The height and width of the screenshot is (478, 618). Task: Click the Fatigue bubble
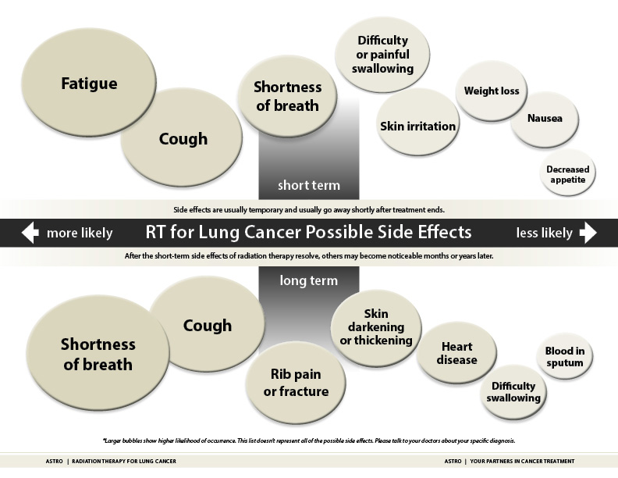pyautogui.click(x=89, y=84)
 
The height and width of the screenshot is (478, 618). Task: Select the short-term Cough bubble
pyautogui.click(x=183, y=140)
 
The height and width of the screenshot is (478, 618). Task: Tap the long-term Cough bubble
pyautogui.click(x=207, y=325)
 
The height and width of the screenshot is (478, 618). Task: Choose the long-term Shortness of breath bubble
pyautogui.click(x=98, y=354)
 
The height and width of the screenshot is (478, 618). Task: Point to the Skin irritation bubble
pyautogui.click(x=418, y=126)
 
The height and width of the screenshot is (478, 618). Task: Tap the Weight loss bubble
pyautogui.click(x=492, y=91)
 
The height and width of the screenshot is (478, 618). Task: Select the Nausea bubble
pyautogui.click(x=544, y=119)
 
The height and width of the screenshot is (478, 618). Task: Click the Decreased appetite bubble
pyautogui.click(x=567, y=174)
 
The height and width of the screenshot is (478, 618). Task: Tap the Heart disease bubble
pyautogui.click(x=456, y=354)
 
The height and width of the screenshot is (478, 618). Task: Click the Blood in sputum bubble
pyautogui.click(x=564, y=357)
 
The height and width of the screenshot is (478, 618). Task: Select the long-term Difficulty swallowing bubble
pyautogui.click(x=513, y=392)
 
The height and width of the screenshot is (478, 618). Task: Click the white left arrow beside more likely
pyautogui.click(x=30, y=233)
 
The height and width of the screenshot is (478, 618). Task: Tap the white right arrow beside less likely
pyautogui.click(x=588, y=233)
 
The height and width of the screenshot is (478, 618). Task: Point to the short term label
pyautogui.click(x=308, y=186)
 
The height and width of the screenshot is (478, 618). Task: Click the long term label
pyautogui.click(x=308, y=280)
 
